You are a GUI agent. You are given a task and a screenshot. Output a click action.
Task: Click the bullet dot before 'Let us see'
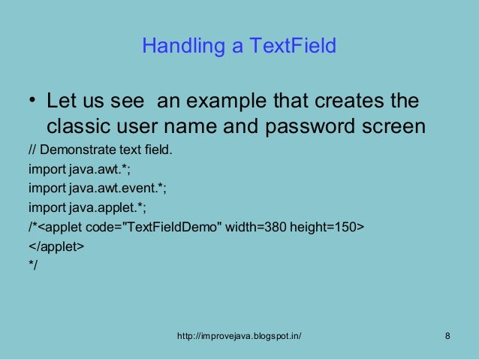pyautogui.click(x=32, y=101)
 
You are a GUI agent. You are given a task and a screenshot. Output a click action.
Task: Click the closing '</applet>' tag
pyautogui.click(x=56, y=246)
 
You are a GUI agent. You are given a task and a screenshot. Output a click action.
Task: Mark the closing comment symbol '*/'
pyautogui.click(x=33, y=264)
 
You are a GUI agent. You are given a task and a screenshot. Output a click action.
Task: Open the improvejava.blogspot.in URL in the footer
pyautogui.click(x=239, y=335)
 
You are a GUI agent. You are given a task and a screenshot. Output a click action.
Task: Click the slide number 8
pyautogui.click(x=447, y=335)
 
